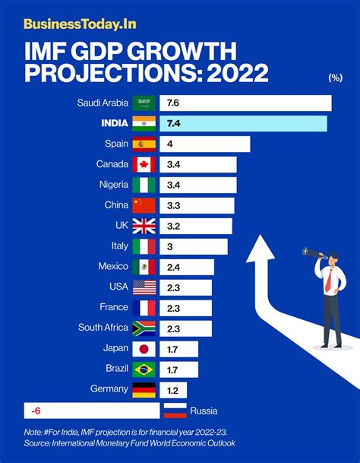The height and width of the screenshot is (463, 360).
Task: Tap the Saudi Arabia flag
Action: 144,103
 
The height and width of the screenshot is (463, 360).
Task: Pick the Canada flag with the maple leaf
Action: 144,164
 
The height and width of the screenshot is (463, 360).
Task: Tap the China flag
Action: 144,205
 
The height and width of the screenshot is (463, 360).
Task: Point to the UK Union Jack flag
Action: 144,226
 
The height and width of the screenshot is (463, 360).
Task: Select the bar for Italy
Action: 194,246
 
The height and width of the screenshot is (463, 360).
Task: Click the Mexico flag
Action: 144,267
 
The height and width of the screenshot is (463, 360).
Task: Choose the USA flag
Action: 144,287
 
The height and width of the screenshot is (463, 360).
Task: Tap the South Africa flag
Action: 144,328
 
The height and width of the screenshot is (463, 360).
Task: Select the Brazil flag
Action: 144,369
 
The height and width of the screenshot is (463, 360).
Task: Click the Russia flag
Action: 174,411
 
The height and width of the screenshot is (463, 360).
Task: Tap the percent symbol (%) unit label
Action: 335,78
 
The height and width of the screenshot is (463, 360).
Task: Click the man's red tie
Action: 329,280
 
